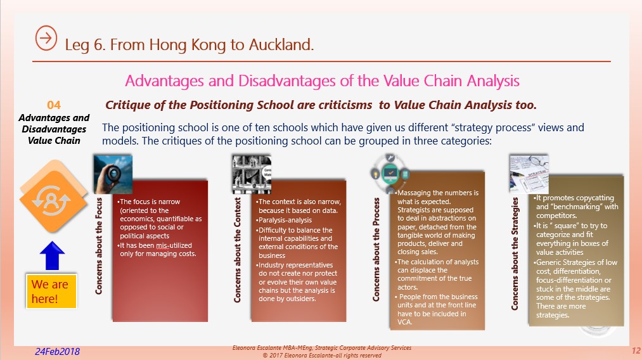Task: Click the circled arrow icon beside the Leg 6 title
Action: click(46, 38)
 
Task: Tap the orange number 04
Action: click(54, 105)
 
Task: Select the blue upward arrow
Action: click(53, 255)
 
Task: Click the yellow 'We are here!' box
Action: click(51, 291)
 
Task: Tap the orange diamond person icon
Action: click(53, 198)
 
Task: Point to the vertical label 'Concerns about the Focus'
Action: click(99, 246)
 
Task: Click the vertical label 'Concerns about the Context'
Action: click(237, 250)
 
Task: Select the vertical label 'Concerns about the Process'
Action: click(376, 250)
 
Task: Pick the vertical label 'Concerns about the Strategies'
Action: click(515, 254)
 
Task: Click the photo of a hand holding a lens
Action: click(113, 174)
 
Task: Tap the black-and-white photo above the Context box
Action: click(252, 174)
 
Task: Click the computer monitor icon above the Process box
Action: click(390, 174)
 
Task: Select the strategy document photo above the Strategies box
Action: click(529, 174)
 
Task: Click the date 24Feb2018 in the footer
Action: click(57, 351)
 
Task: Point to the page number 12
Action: click(636, 350)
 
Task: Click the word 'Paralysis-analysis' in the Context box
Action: click(285, 220)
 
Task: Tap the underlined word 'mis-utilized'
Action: click(174, 245)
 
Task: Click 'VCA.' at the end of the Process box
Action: click(405, 322)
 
